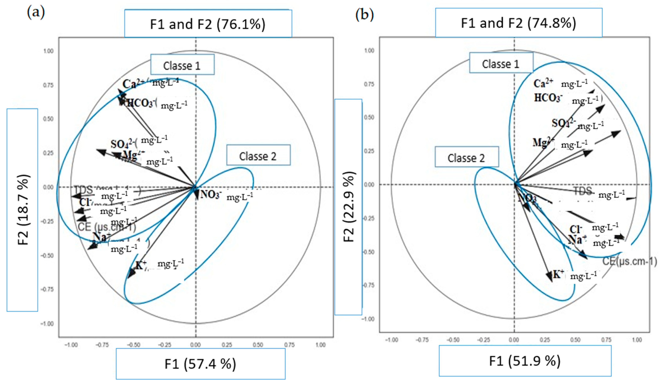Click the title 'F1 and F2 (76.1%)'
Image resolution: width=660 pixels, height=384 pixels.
point(208,24)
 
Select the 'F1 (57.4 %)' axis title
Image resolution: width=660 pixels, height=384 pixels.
point(200,364)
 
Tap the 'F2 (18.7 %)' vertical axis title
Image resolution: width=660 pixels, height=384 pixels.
point(23,210)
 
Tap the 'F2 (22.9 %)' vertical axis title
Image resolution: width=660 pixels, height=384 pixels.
point(349,207)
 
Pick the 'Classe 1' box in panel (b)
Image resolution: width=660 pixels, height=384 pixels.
point(501,64)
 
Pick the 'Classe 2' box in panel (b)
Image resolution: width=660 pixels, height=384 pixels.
point(466,158)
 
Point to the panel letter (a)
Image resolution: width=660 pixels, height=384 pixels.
point(36,13)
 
